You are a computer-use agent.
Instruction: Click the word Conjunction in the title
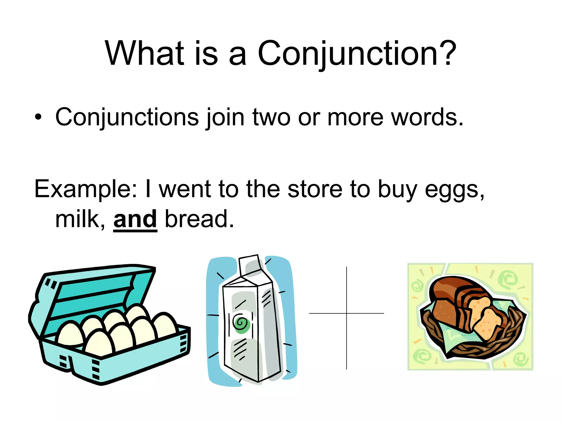pos(347,54)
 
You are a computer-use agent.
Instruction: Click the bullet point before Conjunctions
pos(38,117)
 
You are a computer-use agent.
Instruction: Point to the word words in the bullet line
pos(427,117)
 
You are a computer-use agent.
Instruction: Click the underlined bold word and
pos(135,220)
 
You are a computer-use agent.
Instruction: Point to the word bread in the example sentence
pos(199,219)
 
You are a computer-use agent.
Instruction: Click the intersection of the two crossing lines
pos(347,313)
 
